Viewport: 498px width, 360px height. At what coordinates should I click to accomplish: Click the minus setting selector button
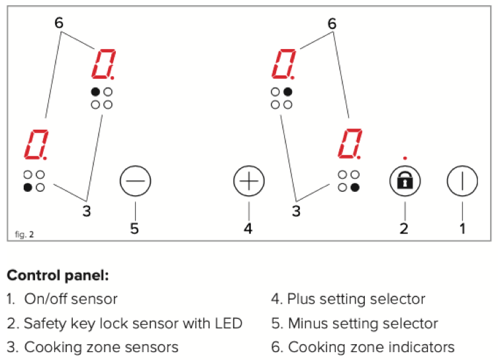pos(136,181)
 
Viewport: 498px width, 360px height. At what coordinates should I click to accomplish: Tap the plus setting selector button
pos(249,181)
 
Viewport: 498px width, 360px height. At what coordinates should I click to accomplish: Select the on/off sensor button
pos(462,181)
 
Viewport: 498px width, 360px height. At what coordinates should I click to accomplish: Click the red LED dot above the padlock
pos(404,158)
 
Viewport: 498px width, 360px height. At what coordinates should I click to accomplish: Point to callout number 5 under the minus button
pos(136,228)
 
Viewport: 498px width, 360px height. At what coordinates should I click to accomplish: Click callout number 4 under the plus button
pos(248,228)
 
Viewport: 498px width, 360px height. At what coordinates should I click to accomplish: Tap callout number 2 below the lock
pos(403,228)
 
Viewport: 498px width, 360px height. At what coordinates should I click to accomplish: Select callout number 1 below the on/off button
pos(462,228)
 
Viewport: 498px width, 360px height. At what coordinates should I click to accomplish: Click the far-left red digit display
pos(36,146)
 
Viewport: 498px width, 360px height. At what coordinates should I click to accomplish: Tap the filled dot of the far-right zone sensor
pos(356,187)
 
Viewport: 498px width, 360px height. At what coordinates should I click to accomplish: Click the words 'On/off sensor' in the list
pos(71,299)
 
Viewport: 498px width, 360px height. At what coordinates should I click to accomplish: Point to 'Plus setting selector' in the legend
pos(356,299)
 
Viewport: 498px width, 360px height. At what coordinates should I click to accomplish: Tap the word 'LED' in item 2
pos(226,324)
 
